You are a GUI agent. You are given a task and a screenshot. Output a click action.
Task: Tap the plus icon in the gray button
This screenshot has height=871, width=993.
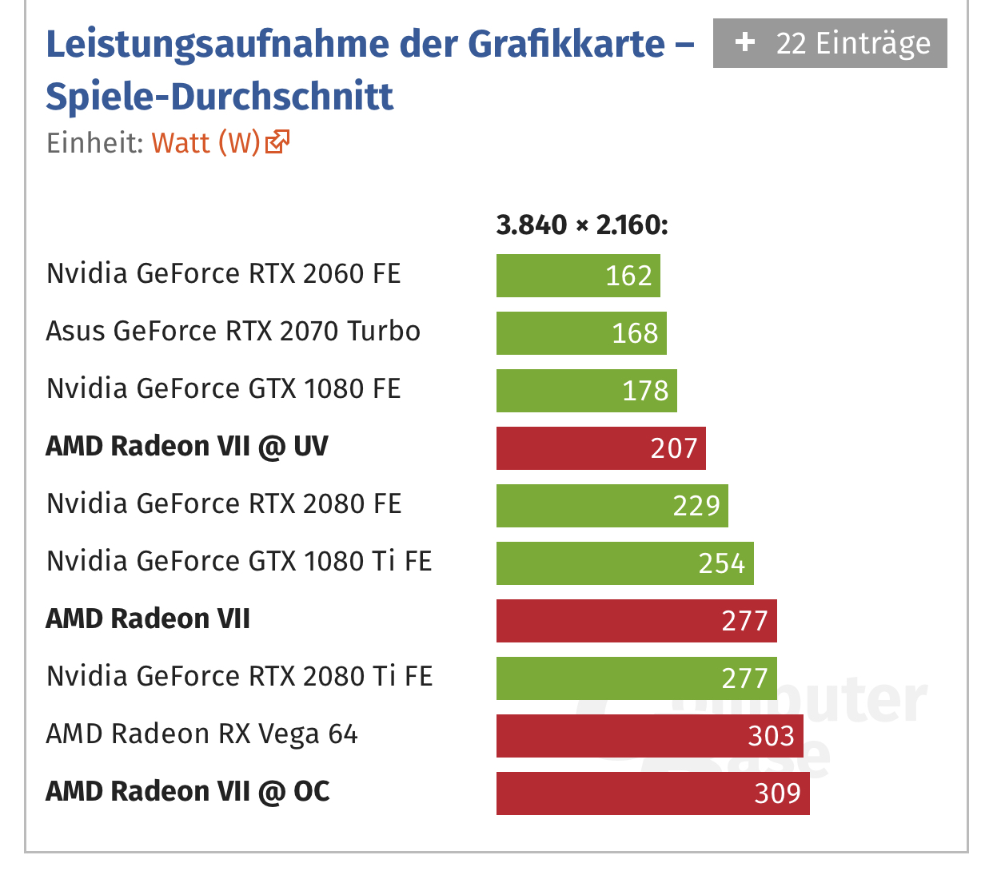tap(745, 42)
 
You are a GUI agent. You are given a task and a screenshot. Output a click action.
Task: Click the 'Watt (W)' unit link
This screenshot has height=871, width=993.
tap(205, 143)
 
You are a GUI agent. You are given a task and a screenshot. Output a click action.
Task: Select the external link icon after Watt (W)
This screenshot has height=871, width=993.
tap(277, 142)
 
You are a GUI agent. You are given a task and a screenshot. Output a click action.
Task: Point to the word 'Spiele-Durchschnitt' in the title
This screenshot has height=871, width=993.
tap(220, 97)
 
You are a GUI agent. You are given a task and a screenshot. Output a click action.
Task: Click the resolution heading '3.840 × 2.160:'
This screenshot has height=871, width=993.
tap(581, 225)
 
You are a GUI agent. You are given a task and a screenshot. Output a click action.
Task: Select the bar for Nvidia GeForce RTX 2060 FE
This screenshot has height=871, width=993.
tap(577, 276)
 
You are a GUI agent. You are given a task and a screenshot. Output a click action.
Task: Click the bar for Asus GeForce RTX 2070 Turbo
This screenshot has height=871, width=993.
tap(580, 333)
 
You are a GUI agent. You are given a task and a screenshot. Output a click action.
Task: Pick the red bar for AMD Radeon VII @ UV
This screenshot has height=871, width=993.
tap(600, 448)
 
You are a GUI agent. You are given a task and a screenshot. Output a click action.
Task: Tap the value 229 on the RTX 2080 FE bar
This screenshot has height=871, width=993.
tap(696, 506)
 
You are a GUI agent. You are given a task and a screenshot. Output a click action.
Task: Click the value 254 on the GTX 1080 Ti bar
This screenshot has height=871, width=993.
tap(721, 563)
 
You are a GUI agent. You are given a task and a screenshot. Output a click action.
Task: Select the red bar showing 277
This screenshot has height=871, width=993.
tap(636, 621)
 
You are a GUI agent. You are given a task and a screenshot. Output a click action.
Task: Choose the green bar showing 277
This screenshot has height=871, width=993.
tap(636, 678)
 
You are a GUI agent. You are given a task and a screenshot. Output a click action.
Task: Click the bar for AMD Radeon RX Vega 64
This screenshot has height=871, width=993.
tap(648, 736)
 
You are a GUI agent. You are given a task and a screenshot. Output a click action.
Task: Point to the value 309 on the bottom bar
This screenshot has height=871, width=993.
tap(777, 793)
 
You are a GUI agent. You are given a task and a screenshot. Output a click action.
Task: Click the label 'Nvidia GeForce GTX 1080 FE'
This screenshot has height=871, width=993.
tap(223, 389)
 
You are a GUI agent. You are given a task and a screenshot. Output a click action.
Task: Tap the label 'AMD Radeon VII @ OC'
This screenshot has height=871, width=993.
tap(188, 792)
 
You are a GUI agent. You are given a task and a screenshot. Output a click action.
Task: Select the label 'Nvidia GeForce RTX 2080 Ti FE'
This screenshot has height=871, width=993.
tap(239, 677)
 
